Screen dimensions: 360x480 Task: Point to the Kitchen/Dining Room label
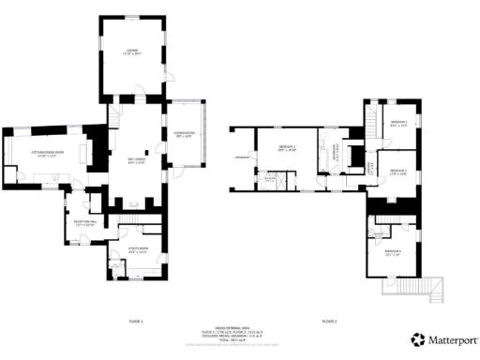click(x=46, y=155)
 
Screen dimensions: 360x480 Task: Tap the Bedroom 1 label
click(x=288, y=148)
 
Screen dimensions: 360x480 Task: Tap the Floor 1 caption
click(x=135, y=321)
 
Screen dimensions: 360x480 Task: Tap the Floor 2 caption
click(x=329, y=321)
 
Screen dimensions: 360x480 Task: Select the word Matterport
click(x=452, y=338)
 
